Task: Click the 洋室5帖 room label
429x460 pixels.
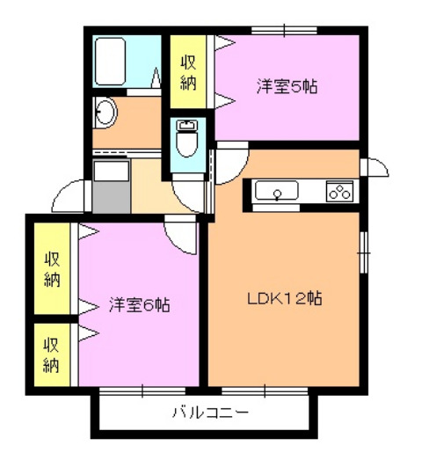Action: click(287, 87)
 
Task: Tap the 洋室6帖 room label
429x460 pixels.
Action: click(139, 306)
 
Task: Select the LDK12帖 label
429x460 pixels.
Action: click(284, 298)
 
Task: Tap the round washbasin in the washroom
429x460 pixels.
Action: click(105, 113)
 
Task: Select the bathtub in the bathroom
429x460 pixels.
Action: click(124, 61)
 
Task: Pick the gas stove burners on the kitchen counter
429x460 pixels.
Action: click(339, 191)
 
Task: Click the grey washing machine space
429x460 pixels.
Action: click(111, 187)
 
